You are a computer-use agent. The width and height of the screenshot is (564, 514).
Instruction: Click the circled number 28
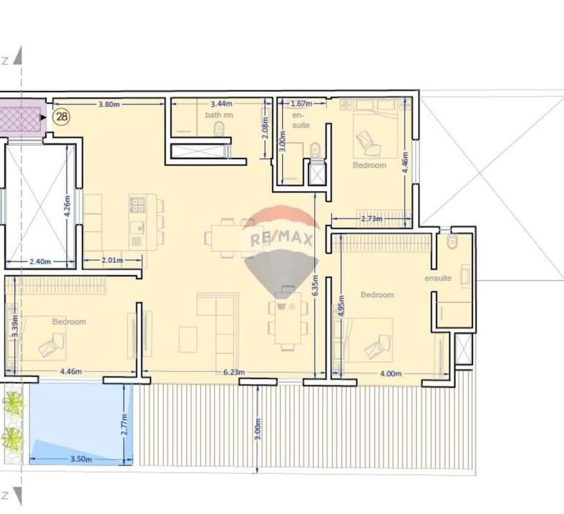(62, 116)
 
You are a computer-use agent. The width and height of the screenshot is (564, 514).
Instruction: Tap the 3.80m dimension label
(109, 105)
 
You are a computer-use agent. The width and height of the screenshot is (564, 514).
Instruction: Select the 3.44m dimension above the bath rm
(222, 104)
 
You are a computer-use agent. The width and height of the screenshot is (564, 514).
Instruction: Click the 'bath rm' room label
(219, 115)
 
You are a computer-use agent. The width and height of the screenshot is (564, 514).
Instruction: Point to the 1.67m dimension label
(301, 104)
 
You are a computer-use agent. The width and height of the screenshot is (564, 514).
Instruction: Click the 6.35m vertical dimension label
(315, 285)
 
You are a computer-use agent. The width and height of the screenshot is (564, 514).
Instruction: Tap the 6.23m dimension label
(234, 372)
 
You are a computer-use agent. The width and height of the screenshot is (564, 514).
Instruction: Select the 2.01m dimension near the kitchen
(112, 260)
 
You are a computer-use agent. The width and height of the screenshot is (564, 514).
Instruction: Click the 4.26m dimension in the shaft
(67, 206)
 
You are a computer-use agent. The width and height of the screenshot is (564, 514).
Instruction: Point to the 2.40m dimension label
(40, 262)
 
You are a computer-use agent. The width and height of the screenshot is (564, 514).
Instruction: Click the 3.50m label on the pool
(81, 459)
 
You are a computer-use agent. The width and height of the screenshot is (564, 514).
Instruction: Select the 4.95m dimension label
(341, 306)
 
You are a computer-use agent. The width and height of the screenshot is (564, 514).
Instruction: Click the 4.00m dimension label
(391, 374)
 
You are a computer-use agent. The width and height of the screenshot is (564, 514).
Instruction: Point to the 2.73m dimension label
(372, 218)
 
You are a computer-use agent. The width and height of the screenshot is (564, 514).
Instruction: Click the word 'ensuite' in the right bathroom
(438, 278)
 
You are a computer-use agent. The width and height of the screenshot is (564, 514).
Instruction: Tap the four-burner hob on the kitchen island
(137, 204)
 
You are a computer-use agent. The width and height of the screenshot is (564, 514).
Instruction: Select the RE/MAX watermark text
(281, 238)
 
